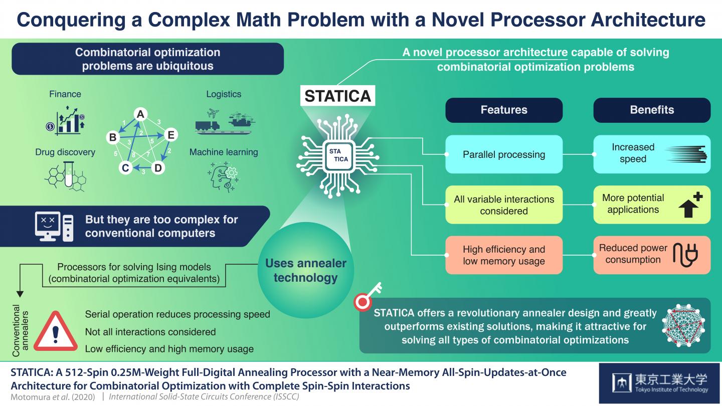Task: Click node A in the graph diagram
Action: coord(141,115)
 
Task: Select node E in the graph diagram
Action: coord(170,135)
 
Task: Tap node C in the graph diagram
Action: coord(126,168)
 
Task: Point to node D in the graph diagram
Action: coord(158,168)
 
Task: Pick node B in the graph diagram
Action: coord(113,137)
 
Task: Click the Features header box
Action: coord(504,110)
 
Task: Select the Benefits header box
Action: coord(652,110)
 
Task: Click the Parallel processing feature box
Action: coord(504,154)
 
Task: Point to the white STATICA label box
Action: coord(338,96)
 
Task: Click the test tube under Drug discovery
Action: coord(68,176)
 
